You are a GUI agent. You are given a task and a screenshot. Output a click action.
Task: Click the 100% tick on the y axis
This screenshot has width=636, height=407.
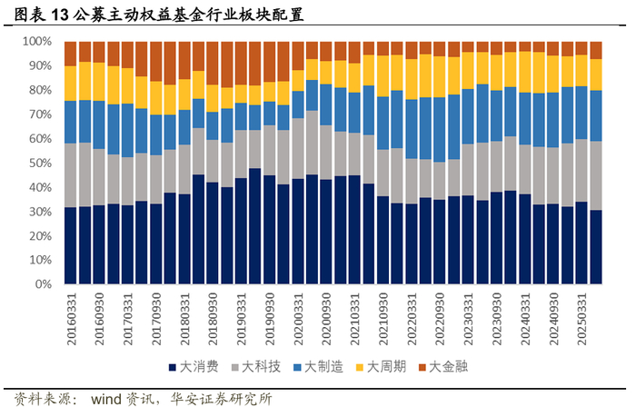pos(37,42)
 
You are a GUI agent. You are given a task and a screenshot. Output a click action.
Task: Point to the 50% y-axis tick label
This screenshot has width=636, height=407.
pos(40,163)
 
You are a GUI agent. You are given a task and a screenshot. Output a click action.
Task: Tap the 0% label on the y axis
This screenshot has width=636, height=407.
pos(43,284)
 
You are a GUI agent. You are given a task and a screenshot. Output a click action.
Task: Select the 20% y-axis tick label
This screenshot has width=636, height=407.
pos(40,236)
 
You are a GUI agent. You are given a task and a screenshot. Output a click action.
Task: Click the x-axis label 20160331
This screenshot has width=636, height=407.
pos(72,319)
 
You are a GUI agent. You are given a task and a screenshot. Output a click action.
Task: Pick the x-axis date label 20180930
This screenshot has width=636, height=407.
pos(213,319)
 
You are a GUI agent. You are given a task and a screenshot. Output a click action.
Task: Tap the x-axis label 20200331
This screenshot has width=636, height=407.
pos(298,319)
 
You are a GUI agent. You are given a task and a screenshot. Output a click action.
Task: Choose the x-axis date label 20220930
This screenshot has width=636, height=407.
pos(440,319)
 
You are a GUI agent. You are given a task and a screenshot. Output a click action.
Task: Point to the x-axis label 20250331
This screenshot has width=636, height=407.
pos(582,319)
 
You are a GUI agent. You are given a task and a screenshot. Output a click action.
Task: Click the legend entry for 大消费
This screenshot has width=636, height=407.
pos(194,367)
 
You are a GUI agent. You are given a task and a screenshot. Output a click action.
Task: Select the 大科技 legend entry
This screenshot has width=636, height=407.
pos(256,367)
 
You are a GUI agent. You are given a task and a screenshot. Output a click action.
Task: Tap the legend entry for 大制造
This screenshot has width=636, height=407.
pos(318,367)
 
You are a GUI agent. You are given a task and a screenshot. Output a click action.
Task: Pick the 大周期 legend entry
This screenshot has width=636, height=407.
pos(381,367)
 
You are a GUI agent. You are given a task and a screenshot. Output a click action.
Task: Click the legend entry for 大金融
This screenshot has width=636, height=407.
pos(443,367)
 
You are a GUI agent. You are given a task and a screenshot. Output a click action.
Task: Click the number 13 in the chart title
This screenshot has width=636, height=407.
pos(59,15)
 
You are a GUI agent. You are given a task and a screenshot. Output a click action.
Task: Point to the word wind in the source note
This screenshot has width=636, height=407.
pos(106,399)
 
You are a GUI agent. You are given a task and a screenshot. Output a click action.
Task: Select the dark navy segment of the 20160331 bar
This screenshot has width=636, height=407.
pos(71,245)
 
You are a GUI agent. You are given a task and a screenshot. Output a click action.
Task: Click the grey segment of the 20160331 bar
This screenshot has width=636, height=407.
pos(71,175)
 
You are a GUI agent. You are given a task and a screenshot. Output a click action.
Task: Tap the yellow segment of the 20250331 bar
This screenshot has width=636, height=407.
pos(581,71)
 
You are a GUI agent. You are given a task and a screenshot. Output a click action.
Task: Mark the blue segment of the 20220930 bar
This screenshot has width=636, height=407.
pos(440,130)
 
